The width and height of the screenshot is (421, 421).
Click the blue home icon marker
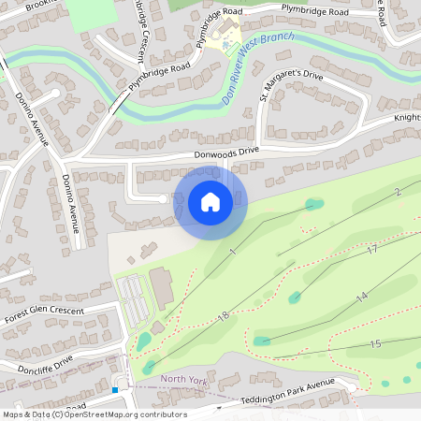point(210,202)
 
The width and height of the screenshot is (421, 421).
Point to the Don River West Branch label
point(256,68)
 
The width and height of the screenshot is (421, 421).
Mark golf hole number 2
point(397,192)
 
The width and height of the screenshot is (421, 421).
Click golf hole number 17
point(371,250)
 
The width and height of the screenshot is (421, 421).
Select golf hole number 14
point(361,297)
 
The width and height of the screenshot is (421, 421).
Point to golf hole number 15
point(375,344)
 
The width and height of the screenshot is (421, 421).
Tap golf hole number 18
point(223,316)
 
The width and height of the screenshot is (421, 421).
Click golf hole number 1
point(231,253)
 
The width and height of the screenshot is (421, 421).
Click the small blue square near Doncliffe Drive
point(115,389)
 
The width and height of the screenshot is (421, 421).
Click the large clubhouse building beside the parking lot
point(162,287)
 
